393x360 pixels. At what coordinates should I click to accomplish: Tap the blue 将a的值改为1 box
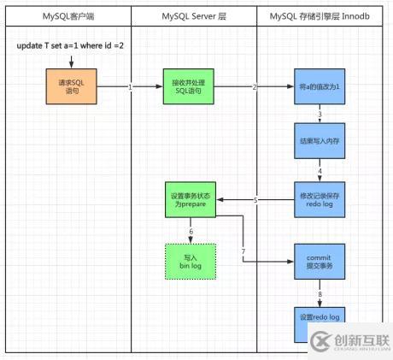pyautogui.click(x=318, y=86)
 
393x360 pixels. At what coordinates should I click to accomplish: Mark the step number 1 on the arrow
pyautogui.click(x=130, y=87)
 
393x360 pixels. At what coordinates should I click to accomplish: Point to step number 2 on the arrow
pyautogui.click(x=255, y=87)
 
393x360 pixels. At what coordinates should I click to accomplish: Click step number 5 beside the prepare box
pyautogui.click(x=255, y=200)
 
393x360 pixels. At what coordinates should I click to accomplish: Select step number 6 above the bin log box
pyautogui.click(x=191, y=232)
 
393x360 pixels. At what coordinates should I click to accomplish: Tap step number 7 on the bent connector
pyautogui.click(x=244, y=250)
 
